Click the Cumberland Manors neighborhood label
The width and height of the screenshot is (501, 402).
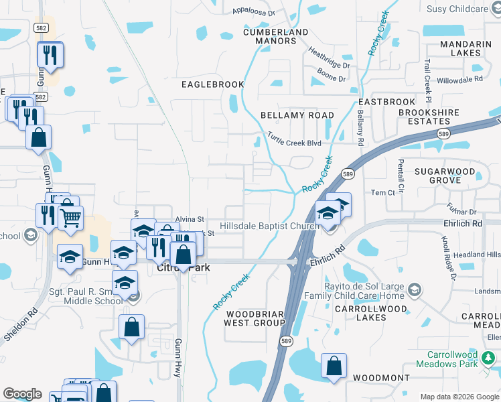click(276, 36)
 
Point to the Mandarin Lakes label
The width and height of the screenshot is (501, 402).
click(466, 48)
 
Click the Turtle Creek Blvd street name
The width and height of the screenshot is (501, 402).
click(295, 139)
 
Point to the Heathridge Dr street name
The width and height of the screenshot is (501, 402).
click(329, 58)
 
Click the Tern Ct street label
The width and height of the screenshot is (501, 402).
click(383, 192)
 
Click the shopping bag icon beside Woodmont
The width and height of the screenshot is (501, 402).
click(334, 366)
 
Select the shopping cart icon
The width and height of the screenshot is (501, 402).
click(70, 216)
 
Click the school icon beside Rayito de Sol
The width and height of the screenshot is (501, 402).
click(415, 290)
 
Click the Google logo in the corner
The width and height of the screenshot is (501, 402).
click(22, 394)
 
